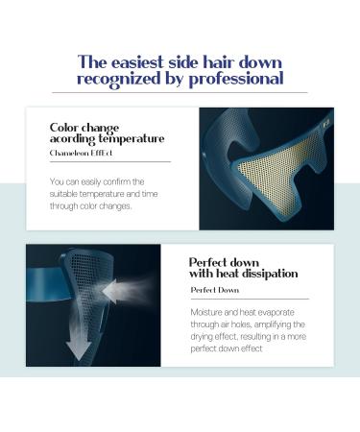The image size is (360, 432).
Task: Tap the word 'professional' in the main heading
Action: pos(238,78)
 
